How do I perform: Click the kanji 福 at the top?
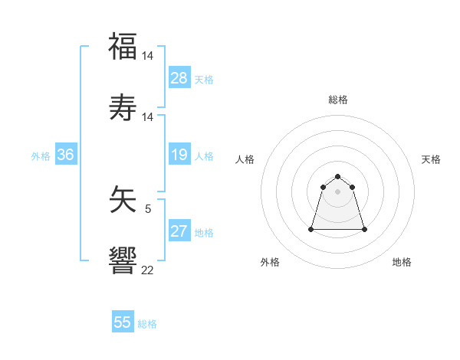point(123,47)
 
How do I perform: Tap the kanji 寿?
point(123,108)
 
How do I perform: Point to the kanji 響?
point(123,261)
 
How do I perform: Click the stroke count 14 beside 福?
point(148,56)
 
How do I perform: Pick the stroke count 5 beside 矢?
point(148,208)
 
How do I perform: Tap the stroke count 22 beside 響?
point(148,270)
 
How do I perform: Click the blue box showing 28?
point(179,78)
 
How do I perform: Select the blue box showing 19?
point(179,155)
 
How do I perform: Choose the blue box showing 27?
point(179,231)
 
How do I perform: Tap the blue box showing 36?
point(66,155)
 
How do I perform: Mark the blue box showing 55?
point(123,322)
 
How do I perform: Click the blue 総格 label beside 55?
point(147,324)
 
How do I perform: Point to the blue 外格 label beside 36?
point(41,156)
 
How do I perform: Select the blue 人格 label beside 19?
point(204,156)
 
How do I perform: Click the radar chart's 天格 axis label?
point(432,159)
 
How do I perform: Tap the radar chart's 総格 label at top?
point(338,100)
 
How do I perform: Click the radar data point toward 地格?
point(364,229)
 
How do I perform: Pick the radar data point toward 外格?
point(312,229)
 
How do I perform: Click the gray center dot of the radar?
point(338,191)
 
